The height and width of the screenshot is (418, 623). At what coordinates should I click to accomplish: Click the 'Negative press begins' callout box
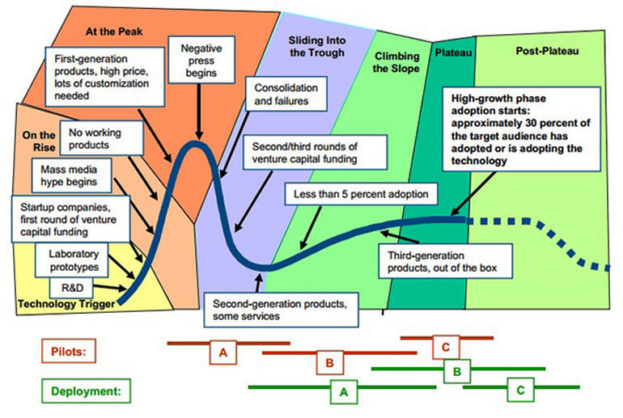(x=201, y=60)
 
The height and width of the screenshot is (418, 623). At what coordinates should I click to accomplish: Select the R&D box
(x=71, y=288)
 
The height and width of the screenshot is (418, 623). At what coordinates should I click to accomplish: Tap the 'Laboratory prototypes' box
(x=71, y=260)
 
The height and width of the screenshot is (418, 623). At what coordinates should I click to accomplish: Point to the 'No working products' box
(x=101, y=138)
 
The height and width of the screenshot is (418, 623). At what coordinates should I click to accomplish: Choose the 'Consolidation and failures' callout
(x=286, y=94)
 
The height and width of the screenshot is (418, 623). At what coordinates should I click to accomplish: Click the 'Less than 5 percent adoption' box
(x=361, y=194)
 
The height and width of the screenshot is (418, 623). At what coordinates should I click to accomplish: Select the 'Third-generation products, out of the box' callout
(x=445, y=261)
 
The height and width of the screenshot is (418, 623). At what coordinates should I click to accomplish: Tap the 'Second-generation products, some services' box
(x=281, y=310)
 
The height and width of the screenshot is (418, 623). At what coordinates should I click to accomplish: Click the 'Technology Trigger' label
(x=66, y=304)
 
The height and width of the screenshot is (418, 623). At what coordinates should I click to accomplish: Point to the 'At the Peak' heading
(x=114, y=32)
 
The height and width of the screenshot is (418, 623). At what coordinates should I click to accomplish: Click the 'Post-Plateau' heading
(x=547, y=51)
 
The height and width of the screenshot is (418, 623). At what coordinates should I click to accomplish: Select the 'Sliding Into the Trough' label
(x=317, y=46)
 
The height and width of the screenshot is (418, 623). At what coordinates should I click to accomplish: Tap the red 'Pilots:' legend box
(x=69, y=351)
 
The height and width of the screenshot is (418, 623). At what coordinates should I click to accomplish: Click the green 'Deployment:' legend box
(x=87, y=391)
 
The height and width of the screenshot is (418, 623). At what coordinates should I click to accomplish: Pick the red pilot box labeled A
(x=223, y=352)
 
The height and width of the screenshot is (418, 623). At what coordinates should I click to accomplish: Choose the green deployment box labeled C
(x=520, y=390)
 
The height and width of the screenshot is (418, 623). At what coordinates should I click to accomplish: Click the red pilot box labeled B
(x=330, y=362)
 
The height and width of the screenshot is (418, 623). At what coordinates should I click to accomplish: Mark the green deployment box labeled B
(x=457, y=371)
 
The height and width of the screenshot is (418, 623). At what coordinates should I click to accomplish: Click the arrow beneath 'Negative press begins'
(x=199, y=112)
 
